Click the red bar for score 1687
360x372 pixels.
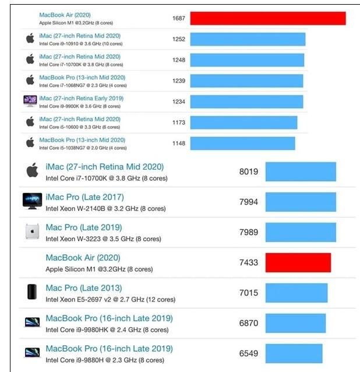(267, 18)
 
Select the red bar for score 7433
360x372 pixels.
(298, 262)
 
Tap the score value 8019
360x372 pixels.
(248, 171)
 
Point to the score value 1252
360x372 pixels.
(179, 39)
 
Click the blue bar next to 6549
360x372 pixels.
(294, 353)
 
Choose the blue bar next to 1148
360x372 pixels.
(242, 143)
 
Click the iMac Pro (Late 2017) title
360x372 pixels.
(84, 197)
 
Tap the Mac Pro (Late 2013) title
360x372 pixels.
(83, 288)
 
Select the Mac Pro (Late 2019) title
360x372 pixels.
(83, 227)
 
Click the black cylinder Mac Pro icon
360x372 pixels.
(32, 292)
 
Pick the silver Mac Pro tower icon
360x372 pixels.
(32, 231)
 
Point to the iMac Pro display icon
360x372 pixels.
(32, 201)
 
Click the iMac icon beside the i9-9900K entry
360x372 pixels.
(30, 101)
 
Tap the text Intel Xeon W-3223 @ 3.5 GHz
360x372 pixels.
(103, 239)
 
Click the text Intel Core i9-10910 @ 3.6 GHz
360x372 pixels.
(80, 43)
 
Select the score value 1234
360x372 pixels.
(179, 101)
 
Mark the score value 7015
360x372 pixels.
(248, 293)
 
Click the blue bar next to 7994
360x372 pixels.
(301, 202)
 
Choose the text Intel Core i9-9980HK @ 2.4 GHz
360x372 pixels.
(107, 330)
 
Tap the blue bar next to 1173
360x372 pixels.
(243, 122)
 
